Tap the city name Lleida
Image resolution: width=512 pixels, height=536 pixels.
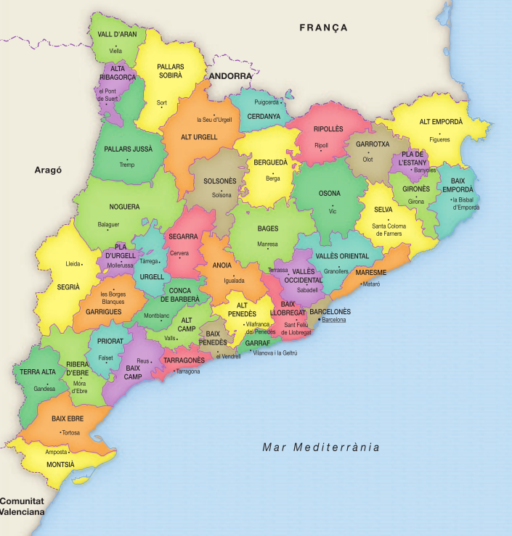(x=73, y=264)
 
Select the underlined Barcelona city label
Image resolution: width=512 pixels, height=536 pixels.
(x=334, y=319)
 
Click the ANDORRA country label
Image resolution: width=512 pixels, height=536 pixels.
(x=230, y=75)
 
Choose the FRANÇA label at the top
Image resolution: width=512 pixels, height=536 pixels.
(x=323, y=28)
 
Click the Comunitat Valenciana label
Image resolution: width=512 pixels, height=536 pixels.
(x=22, y=506)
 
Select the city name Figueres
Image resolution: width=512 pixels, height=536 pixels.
(x=439, y=139)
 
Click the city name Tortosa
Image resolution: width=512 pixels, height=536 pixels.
(x=70, y=433)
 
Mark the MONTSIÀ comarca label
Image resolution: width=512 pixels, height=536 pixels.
(x=60, y=464)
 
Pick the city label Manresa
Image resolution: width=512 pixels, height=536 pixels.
(x=267, y=244)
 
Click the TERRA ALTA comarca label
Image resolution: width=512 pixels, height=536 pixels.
(x=38, y=372)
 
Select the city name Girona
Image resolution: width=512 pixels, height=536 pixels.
(x=415, y=202)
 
